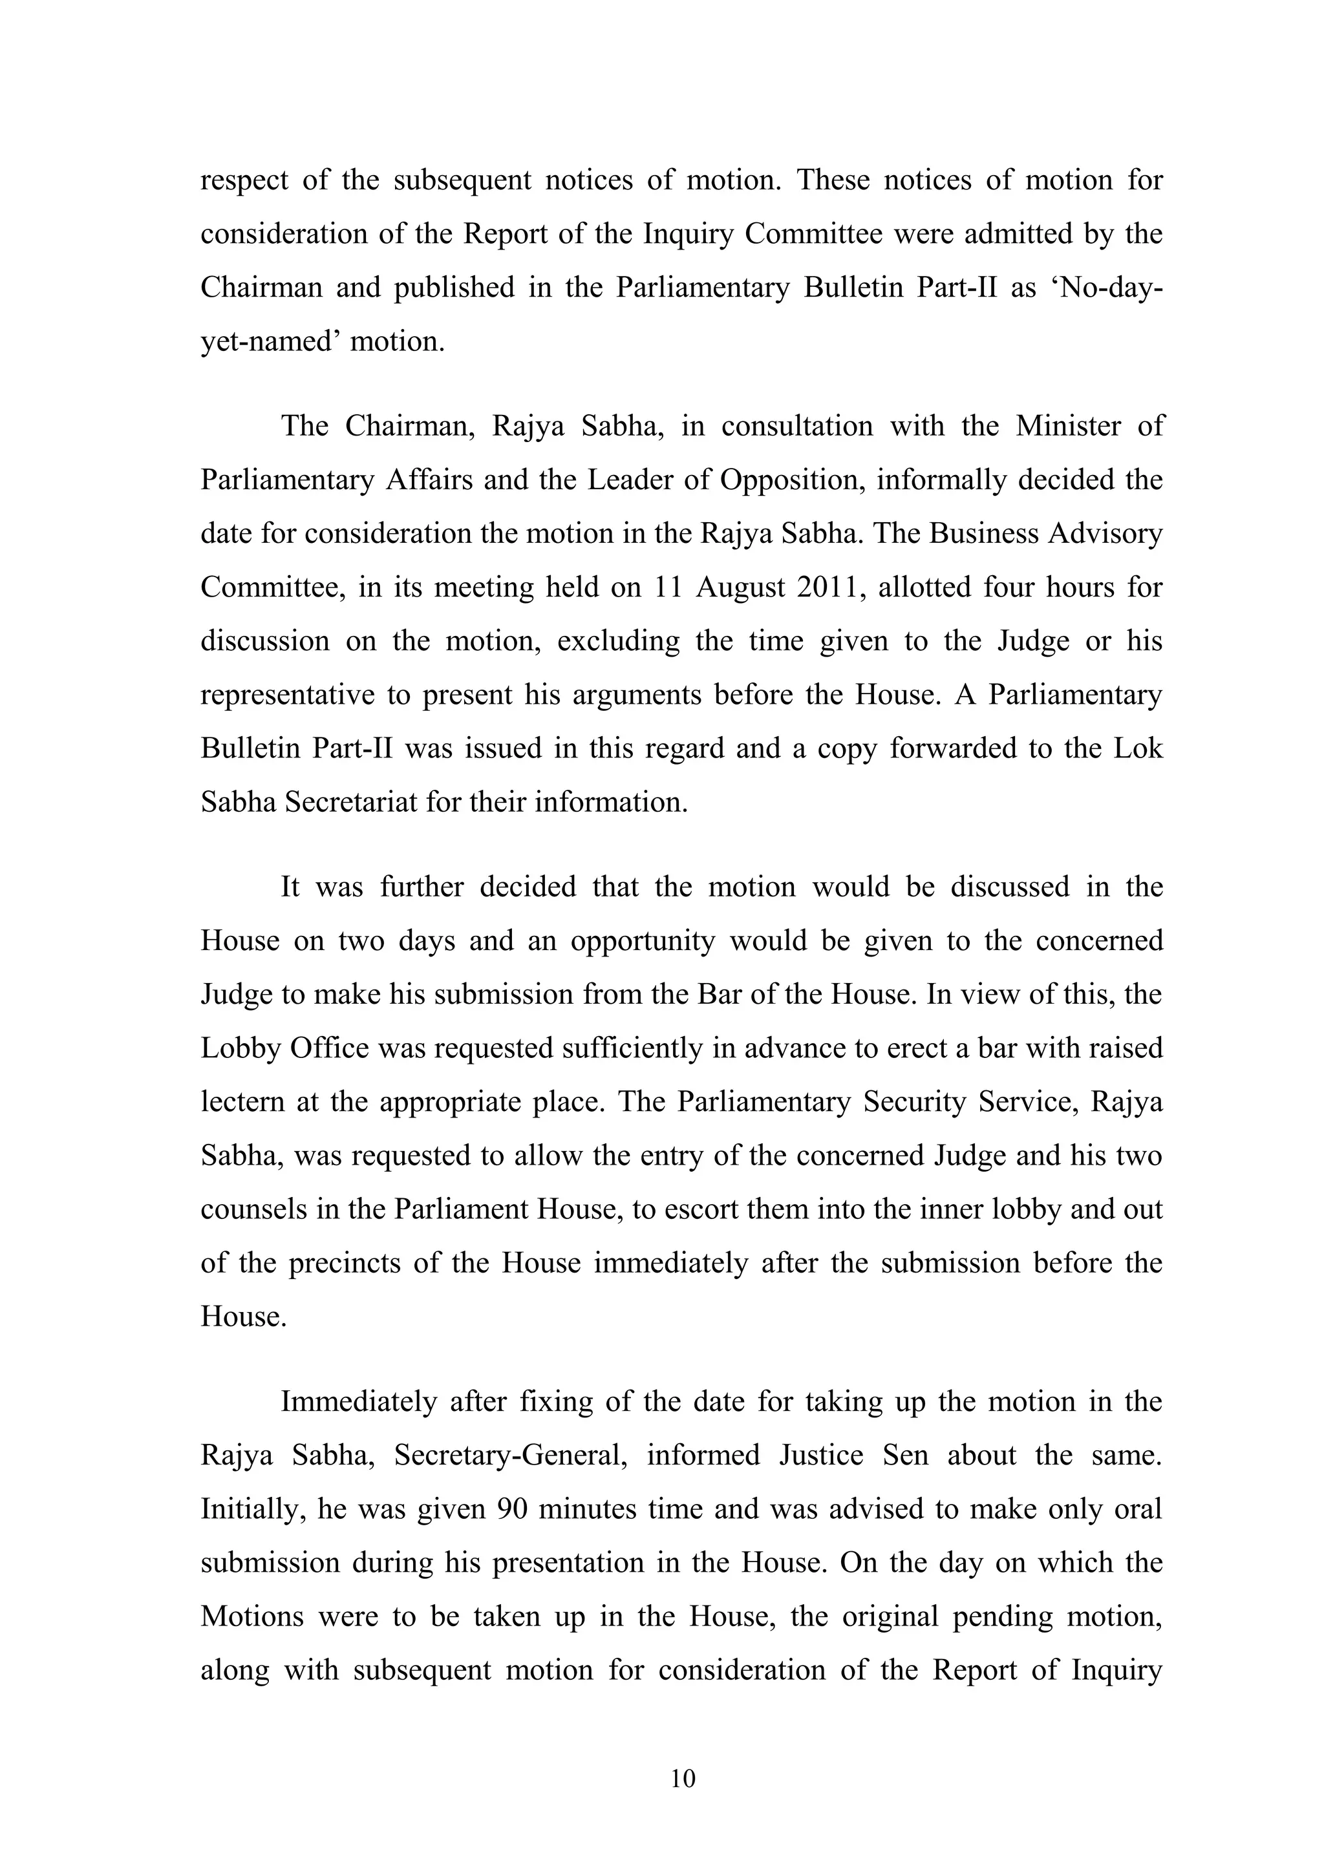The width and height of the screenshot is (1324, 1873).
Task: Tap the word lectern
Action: (x=240, y=1102)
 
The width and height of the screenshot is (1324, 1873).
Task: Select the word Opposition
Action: (x=789, y=480)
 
